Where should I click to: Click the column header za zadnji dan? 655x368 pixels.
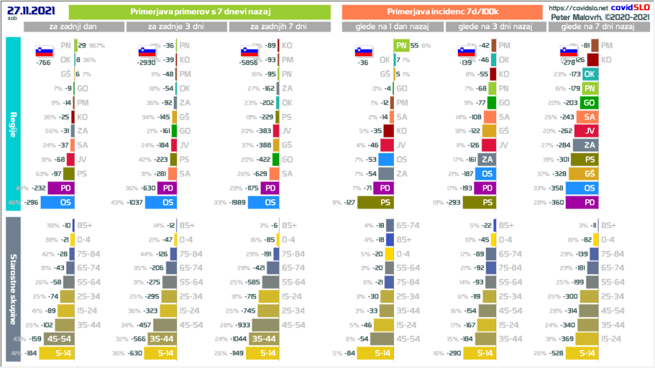(73, 26)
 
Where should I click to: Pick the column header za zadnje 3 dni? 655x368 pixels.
(175, 26)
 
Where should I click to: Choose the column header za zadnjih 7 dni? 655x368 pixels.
(279, 26)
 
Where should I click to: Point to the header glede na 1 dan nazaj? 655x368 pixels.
(393, 26)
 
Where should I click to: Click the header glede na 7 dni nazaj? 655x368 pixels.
(597, 26)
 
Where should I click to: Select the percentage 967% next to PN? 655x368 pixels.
(97, 46)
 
